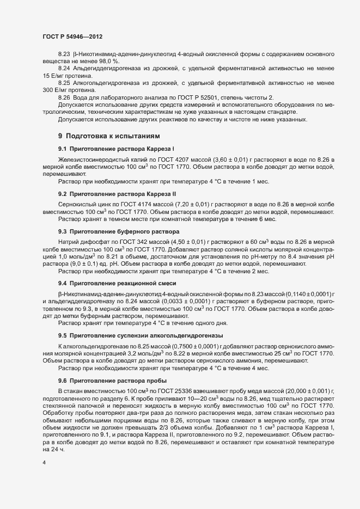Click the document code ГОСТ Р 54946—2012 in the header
pos(72,35)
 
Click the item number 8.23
pos(64,56)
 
